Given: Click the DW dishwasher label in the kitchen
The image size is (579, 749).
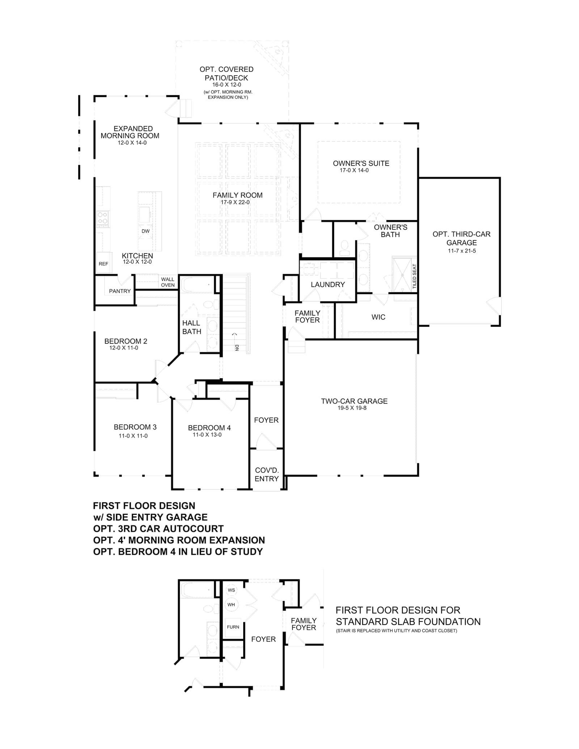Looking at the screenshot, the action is point(145,231).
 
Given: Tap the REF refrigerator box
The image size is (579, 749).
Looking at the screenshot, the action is point(103,263).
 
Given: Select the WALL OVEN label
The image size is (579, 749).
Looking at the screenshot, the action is point(168,282).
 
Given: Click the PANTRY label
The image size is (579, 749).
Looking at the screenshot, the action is point(120,291).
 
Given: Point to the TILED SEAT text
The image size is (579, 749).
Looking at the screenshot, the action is point(415,276).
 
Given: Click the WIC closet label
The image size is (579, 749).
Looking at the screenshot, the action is point(378,317).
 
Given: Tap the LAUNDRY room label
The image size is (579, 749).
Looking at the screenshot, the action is point(328,285).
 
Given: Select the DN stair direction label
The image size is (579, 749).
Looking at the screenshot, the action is point(237,348).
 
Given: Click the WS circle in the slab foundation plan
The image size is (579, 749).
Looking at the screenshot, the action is point(231,590).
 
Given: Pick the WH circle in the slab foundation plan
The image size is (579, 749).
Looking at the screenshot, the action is point(231,604).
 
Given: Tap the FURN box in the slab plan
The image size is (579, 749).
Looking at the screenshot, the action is point(233,627).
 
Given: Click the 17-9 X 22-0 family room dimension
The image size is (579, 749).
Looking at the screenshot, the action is point(235,203).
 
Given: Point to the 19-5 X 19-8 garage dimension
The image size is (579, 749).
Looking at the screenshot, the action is point(352,408).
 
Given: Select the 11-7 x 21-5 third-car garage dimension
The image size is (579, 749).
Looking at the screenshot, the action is point(462,251).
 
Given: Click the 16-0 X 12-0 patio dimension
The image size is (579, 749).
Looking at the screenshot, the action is point(227,85).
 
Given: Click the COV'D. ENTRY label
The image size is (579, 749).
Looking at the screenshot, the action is point(267,474).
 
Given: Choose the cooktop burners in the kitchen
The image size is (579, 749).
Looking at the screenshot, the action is point(102,218).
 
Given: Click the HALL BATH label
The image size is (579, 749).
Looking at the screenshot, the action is point(191,327).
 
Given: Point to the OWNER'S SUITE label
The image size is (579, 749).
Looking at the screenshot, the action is point(361,163).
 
